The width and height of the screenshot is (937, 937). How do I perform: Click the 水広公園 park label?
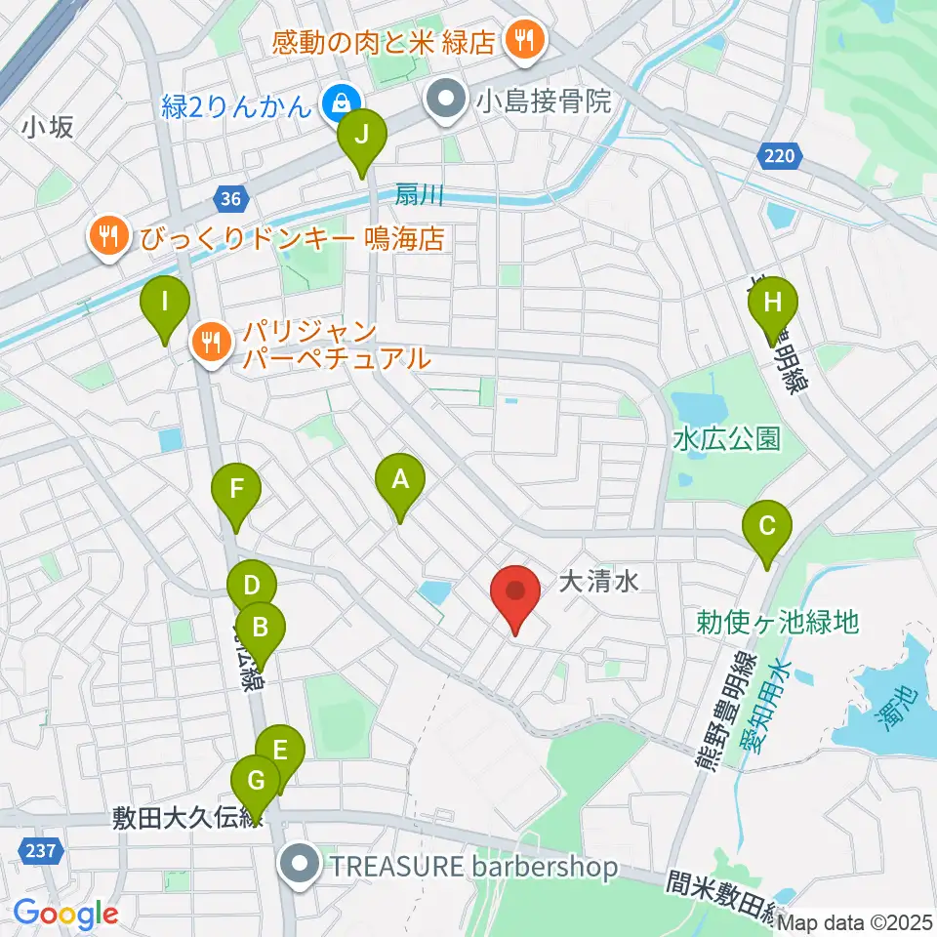click(727, 439)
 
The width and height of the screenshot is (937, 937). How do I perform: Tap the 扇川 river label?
click(420, 194)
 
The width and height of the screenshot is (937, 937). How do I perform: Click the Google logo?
click(65, 914)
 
